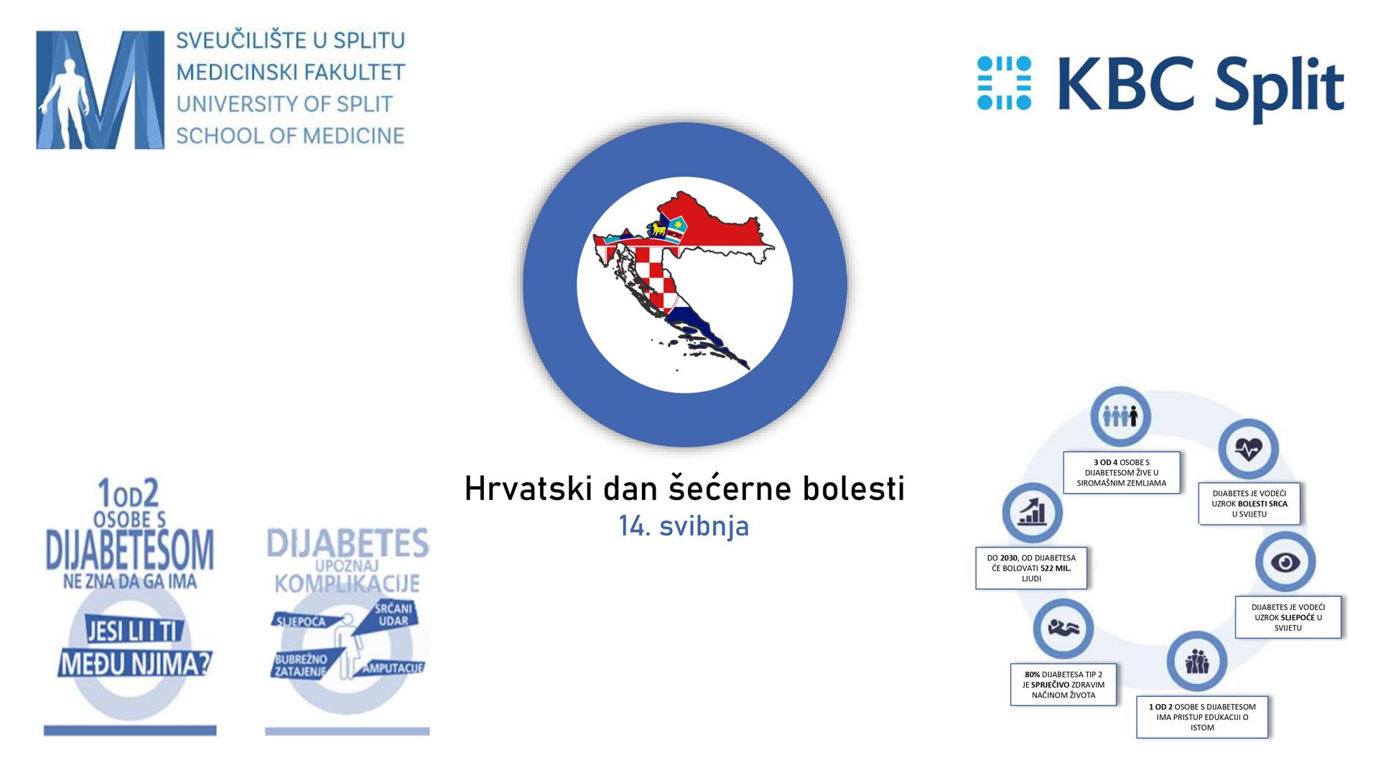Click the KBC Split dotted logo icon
click(x=1004, y=83)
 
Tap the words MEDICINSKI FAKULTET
click(x=290, y=72)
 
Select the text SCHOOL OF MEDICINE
click(x=290, y=136)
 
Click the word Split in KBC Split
click(x=1265, y=86)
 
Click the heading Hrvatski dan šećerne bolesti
click(x=684, y=489)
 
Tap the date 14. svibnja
click(x=684, y=526)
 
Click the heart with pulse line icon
click(x=1248, y=449)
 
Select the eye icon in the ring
click(x=1285, y=562)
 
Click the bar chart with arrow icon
click(x=1031, y=512)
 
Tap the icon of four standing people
click(x=1120, y=416)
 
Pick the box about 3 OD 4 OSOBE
click(x=1121, y=473)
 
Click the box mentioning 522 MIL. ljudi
click(x=1030, y=568)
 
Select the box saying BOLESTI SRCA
click(x=1249, y=503)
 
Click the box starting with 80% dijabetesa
click(x=1063, y=684)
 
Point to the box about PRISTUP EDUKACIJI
click(x=1201, y=716)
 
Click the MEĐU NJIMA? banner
click(x=135, y=664)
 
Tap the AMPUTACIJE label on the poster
click(x=392, y=668)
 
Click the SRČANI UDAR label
click(x=393, y=615)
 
